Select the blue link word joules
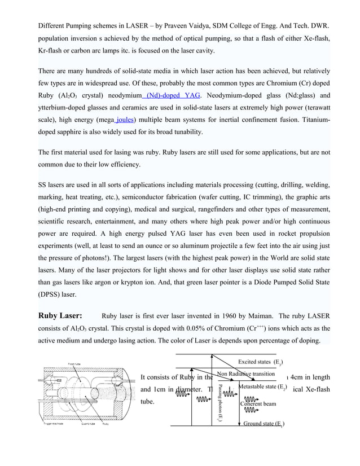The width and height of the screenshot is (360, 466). (x=124, y=120)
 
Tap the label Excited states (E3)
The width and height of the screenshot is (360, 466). (x=260, y=362)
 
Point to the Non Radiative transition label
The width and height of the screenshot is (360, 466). (x=245, y=374)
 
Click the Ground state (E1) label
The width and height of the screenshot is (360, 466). (x=263, y=424)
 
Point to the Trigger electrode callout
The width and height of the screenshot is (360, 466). (x=55, y=424)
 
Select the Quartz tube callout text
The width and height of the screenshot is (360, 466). (x=90, y=424)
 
